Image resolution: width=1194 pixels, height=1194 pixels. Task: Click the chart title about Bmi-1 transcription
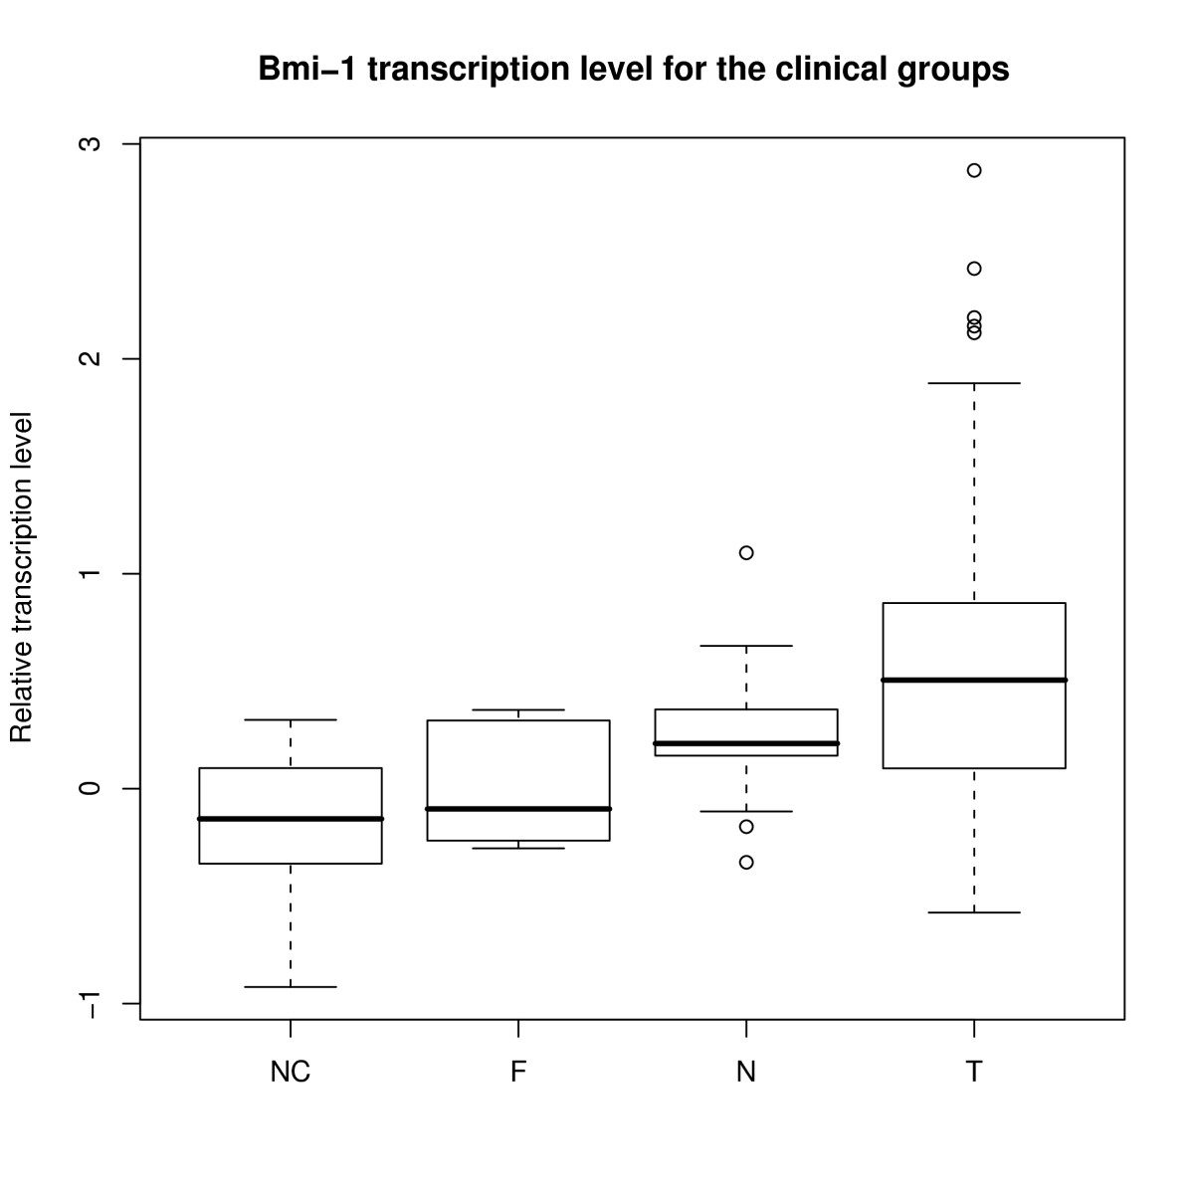[x=633, y=70]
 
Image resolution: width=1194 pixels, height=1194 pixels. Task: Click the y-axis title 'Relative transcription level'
[x=21, y=577]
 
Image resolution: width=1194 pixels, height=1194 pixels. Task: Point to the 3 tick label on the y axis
[x=90, y=143]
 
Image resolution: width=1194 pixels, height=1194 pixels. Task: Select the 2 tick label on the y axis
[x=90, y=358]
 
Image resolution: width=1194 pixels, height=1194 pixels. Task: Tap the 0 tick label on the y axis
[x=90, y=788]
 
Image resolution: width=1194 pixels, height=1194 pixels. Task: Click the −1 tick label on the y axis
[x=90, y=1004]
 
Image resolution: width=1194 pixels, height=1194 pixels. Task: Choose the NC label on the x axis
[x=290, y=1072]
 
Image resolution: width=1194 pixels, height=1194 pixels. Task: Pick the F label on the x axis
[x=518, y=1072]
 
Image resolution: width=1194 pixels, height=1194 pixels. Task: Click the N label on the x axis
[x=746, y=1072]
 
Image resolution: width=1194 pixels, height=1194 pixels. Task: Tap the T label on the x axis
[x=974, y=1072]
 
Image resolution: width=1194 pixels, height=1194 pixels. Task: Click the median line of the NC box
[x=290, y=819]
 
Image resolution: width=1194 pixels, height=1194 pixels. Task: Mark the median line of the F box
[x=518, y=809]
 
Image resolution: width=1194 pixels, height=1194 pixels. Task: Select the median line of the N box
[x=746, y=743]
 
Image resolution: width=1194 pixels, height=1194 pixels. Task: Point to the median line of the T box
[x=974, y=680]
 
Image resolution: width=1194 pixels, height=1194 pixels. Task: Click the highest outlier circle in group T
[x=974, y=170]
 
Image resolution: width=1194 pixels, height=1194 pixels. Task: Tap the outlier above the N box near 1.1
[x=746, y=552]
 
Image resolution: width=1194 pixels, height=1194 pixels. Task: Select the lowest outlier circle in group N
[x=746, y=862]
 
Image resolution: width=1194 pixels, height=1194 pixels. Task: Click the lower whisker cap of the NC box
[x=290, y=986]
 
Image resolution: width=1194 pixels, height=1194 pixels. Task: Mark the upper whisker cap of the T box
[x=974, y=383]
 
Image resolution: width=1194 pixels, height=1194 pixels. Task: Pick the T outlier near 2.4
[x=974, y=269]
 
